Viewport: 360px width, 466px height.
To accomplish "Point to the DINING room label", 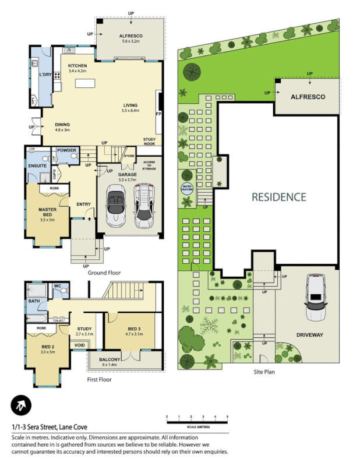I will tap(63, 125).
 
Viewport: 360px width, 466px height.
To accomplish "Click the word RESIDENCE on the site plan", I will tap(278, 197).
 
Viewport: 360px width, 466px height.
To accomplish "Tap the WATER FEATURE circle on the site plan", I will tap(186, 188).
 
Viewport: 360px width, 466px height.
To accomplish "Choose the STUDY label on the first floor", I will tap(84, 329).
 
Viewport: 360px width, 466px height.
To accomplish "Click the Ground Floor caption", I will tap(104, 273).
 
